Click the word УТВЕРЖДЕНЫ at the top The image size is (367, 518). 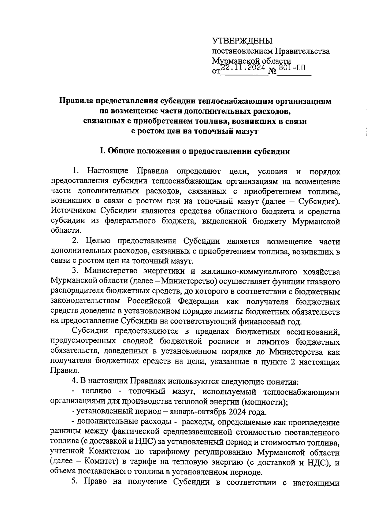coord(242,41)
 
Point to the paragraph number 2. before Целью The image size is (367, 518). coord(76,241)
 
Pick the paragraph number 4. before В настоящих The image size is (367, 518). coord(74,381)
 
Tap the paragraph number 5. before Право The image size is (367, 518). coord(76,482)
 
